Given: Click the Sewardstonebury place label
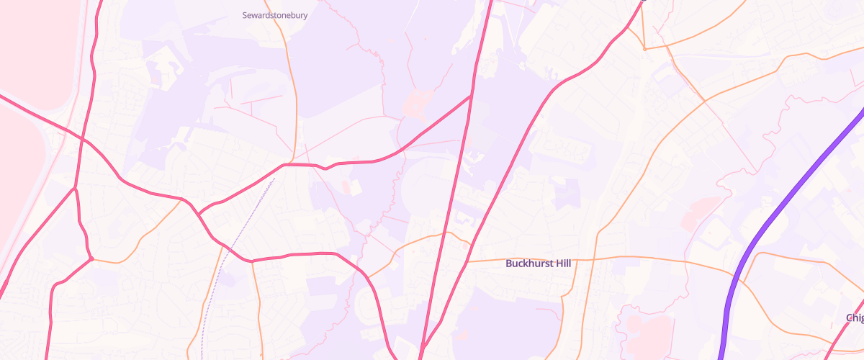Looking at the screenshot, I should click(x=275, y=14).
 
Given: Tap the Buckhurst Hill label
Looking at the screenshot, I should click(x=538, y=264).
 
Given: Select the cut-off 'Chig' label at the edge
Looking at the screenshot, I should click(x=855, y=318).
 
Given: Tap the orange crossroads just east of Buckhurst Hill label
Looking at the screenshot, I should click(x=596, y=258).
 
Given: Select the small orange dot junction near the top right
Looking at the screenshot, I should click(x=644, y=49).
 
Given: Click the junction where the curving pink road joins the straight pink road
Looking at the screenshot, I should click(x=471, y=96).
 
